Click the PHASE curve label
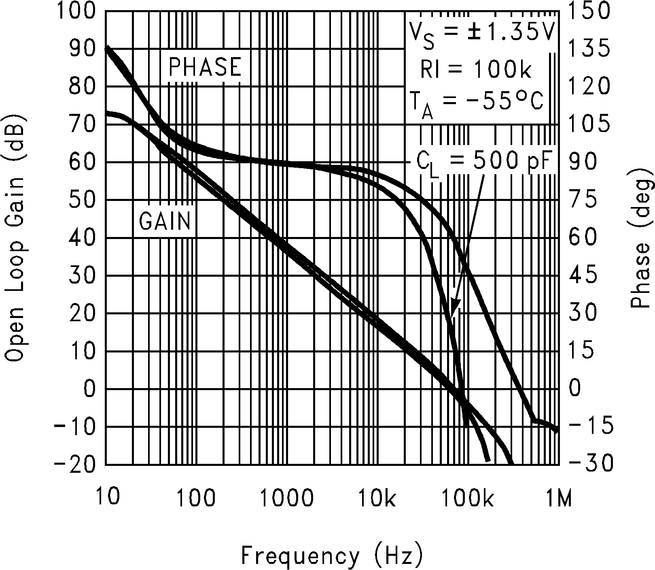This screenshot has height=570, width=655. click(x=205, y=67)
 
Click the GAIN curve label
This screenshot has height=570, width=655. click(x=165, y=221)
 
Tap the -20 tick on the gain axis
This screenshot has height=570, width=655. click(x=75, y=464)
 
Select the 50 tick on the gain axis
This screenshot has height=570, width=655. click(x=83, y=200)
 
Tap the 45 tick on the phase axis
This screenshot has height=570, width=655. click(x=583, y=275)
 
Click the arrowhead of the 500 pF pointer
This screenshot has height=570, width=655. click(x=455, y=308)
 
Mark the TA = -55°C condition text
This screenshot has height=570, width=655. click(x=475, y=103)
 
